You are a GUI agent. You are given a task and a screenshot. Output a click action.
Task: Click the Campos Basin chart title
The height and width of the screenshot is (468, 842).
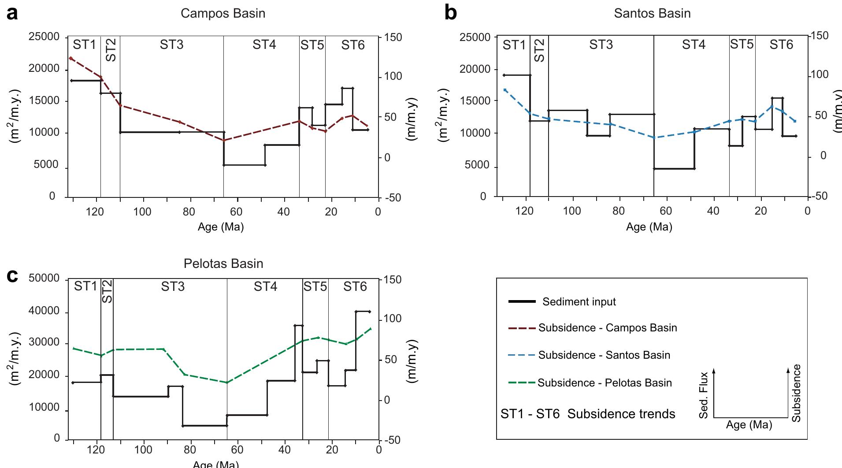coord(223,14)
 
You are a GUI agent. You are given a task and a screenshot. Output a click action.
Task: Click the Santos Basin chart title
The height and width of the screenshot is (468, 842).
coord(652,14)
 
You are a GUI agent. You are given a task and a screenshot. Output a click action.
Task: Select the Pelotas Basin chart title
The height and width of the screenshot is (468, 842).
coord(223,264)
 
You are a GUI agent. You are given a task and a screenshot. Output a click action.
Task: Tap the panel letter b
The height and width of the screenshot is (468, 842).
coord(450,13)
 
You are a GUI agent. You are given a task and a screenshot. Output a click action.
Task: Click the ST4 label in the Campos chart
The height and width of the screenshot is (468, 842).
coord(264,45)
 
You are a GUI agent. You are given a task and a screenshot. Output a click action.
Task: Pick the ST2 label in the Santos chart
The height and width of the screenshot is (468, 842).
coord(539,50)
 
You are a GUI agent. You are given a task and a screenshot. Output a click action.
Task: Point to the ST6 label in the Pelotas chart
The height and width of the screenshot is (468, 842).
coord(355,287)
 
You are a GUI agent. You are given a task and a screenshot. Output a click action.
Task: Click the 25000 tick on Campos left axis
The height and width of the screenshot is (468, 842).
coord(44,37)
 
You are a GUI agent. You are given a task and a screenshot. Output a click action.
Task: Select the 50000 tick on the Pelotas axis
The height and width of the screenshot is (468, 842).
coord(44,279)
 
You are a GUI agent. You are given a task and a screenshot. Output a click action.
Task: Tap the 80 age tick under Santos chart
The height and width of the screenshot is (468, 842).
coord(619,211)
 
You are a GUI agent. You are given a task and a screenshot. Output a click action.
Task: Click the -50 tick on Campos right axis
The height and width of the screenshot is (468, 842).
coord(393,198)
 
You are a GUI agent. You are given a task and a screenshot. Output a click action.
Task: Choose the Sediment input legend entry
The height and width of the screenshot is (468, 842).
coord(579,302)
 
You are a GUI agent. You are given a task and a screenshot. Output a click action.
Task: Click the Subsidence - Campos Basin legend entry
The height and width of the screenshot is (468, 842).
coord(607,328)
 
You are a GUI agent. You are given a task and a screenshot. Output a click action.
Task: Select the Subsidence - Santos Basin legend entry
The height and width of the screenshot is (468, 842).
coord(604,355)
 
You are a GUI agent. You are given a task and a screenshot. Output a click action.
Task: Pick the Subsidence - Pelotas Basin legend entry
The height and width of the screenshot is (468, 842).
coord(605,383)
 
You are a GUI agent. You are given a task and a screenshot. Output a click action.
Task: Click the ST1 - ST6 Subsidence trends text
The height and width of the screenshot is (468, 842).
coord(588,414)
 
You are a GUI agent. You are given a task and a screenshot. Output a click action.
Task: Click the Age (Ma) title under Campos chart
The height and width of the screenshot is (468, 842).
coord(220,227)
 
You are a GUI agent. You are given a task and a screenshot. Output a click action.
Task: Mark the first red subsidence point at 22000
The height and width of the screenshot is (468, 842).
coord(70,58)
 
